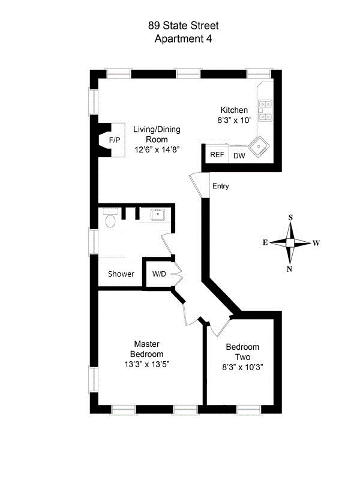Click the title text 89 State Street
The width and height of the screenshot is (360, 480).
pos(183,25)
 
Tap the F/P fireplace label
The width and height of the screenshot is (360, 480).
pos(114,140)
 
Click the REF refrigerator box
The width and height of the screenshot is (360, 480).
pos(217,155)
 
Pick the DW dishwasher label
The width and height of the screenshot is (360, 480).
pos(239,156)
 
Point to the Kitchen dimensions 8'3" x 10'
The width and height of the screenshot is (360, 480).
pos(234,120)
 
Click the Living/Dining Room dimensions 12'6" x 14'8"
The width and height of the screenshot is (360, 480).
pos(157,149)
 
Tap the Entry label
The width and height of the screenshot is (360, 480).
pos(220,186)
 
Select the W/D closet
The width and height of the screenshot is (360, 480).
pos(159,274)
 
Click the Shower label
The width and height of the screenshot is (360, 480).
pos(121,274)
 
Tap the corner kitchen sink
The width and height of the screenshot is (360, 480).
pos(261,145)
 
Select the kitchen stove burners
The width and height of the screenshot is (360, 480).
pos(265,109)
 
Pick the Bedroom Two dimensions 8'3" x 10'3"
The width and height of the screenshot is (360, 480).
pos(242,367)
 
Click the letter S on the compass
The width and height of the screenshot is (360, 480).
pos(290,218)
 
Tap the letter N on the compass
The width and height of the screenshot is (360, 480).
pos(290,269)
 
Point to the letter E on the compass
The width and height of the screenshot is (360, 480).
pos(265,244)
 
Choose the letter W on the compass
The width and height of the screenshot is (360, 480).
pos(316,244)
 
